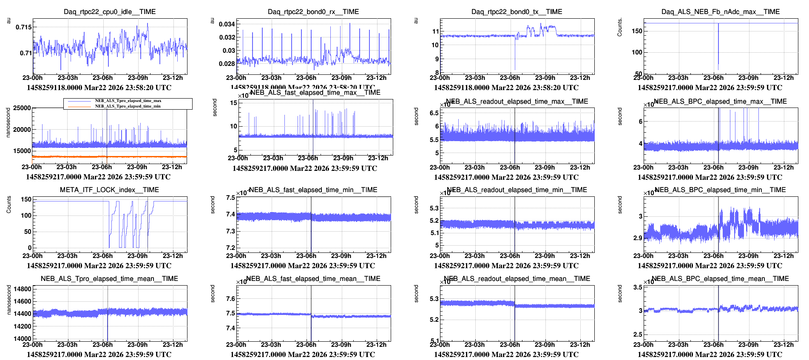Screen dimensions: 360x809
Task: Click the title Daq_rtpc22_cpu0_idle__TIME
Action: (x=110, y=12)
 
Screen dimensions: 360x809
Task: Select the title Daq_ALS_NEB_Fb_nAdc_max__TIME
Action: (x=720, y=12)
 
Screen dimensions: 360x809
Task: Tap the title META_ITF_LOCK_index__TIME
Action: (x=109, y=190)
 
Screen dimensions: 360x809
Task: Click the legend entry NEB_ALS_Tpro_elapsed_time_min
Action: (x=128, y=106)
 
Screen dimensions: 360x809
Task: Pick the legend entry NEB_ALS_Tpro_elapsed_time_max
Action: (x=128, y=101)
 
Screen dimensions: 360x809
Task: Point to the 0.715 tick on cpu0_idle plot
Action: (x=23, y=27)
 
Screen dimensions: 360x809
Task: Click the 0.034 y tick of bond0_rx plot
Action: (x=227, y=24)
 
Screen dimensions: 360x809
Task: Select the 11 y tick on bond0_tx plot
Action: (x=435, y=31)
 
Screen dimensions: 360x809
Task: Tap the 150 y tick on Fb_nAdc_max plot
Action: (x=637, y=31)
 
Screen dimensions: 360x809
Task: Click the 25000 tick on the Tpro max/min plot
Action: (x=22, y=108)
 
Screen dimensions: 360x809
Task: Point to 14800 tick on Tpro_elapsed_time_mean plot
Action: (x=23, y=289)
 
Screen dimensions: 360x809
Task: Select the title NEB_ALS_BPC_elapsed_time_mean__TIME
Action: (x=720, y=279)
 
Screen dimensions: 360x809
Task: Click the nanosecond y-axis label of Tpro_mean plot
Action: (x=9, y=300)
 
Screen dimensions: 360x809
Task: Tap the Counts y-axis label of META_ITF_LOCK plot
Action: (x=9, y=204)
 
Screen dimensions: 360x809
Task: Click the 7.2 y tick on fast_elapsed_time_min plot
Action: (x=230, y=248)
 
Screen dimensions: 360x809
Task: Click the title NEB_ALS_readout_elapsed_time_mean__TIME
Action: (x=517, y=279)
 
